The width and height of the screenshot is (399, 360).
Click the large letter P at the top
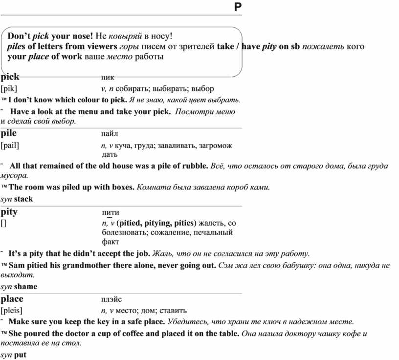tap(238, 7)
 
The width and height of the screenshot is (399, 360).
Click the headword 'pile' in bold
tap(9, 133)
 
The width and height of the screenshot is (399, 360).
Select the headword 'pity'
tap(9, 212)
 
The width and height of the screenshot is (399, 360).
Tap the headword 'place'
tap(12, 299)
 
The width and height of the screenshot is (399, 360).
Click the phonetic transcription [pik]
tap(9, 89)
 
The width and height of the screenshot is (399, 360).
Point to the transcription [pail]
tap(10, 145)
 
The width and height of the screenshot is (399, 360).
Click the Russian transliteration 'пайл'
tap(110, 133)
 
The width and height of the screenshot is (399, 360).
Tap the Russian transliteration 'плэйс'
tap(111, 299)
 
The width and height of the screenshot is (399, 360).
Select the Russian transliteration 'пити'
tap(110, 212)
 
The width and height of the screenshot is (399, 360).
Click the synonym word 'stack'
tap(23, 199)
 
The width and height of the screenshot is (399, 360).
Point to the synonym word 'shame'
tap(25, 286)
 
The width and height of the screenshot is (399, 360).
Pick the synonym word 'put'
tap(20, 355)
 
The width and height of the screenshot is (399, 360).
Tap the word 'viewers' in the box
tap(102, 46)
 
